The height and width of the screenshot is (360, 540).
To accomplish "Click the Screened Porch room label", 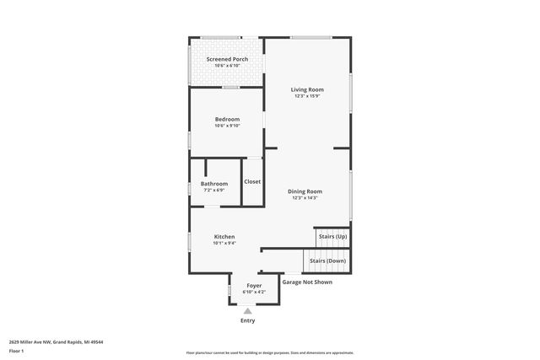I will (227, 59).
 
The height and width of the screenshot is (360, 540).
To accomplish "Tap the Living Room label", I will (307, 89).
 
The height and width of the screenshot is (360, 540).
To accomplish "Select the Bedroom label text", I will (227, 119).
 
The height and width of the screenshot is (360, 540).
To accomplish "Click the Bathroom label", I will (214, 184).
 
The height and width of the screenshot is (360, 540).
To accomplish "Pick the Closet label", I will (252, 181).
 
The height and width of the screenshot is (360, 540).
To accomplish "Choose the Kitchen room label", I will (224, 237).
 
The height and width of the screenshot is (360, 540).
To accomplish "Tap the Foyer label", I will (254, 286).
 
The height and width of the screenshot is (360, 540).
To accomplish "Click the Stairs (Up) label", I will (332, 237).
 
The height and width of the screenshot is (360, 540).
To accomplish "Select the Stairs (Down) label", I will (327, 261).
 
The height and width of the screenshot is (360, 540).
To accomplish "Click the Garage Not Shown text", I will (307, 282).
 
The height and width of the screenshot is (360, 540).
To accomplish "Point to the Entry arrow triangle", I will (248, 310).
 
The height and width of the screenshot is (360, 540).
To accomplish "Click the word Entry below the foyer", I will (248, 320).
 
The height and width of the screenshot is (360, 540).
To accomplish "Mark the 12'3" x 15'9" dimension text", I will (307, 96).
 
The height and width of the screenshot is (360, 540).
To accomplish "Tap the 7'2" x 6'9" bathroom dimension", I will (214, 191).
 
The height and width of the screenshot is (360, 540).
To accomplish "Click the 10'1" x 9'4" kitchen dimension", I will (224, 244).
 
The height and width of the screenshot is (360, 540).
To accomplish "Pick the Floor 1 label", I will (16, 350).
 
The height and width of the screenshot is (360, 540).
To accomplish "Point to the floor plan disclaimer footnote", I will (270, 352).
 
